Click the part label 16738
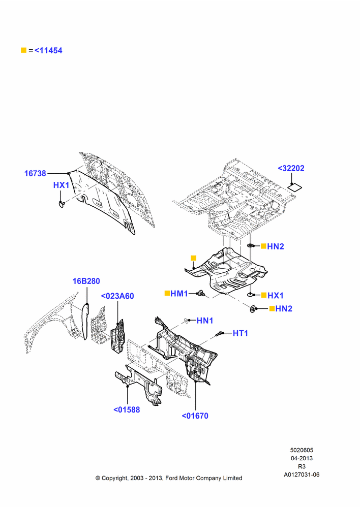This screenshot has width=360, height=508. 35,173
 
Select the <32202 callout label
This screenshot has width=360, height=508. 291,168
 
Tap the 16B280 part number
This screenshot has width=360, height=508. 86,281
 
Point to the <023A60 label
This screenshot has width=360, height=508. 117,296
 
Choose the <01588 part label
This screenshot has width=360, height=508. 127,409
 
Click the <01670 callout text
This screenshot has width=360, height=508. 195,416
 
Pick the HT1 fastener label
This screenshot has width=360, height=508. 241,333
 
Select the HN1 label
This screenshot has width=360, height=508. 205,321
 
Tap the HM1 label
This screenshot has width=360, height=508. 179,294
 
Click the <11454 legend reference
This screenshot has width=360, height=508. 48,50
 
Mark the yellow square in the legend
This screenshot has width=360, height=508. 23,50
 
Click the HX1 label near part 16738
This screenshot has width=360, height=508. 62,185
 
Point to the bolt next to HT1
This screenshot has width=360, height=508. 220,333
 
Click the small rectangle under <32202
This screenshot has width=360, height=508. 295,187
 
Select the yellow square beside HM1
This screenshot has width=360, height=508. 167,293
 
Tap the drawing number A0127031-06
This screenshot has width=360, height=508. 302,474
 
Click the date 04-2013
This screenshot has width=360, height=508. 302,458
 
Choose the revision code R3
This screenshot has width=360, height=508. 302,466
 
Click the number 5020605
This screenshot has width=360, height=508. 302,450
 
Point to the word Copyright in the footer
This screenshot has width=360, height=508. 114,478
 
